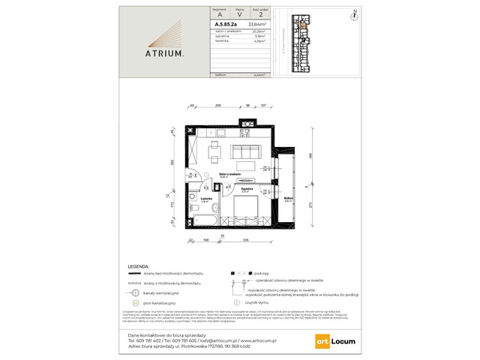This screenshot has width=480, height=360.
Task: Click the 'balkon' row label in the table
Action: click(198, 76)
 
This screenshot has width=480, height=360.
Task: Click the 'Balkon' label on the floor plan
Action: click(288, 198)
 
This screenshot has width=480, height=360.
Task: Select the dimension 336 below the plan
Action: click(246, 241)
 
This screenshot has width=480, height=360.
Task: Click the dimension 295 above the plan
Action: click(217, 107)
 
